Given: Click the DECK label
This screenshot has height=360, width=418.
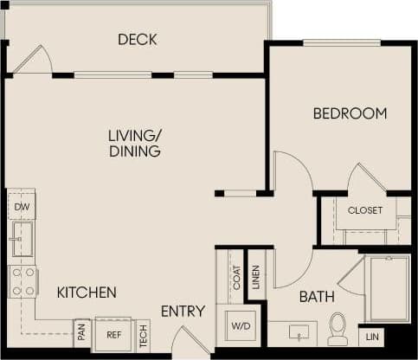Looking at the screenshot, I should [x=137, y=39].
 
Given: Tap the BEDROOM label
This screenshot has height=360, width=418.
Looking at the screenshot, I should [x=350, y=113].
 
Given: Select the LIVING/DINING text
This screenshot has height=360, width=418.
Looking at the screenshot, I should [x=134, y=143].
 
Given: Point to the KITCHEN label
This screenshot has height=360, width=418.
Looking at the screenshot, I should [x=87, y=292].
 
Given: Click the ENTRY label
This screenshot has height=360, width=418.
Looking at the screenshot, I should [x=183, y=312].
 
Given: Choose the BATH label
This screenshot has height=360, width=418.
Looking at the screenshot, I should [x=317, y=297].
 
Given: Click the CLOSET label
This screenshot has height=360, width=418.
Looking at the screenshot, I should [x=365, y=210].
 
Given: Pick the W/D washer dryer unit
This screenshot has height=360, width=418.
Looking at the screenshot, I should [x=239, y=327].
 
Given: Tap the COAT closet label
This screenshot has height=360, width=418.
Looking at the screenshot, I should [x=235, y=278].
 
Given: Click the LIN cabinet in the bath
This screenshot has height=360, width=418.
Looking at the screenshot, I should [x=372, y=336].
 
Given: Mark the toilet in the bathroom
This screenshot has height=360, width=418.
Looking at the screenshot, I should [x=338, y=329].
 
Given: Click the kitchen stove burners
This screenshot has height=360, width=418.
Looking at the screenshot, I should [x=23, y=280].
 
